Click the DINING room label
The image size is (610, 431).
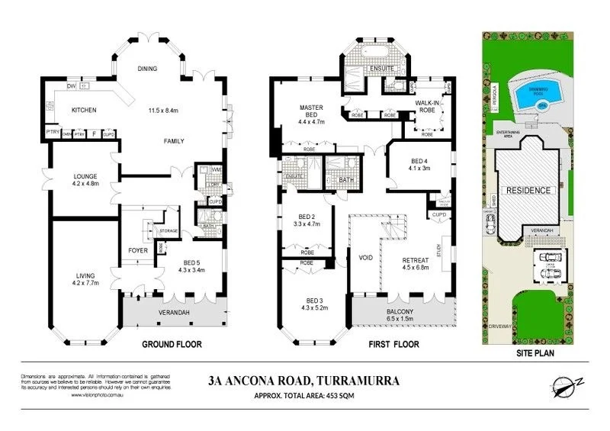pos(147,69)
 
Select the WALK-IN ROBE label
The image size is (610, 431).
pos(425,107)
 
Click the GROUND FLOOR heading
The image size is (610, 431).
pos(172,345)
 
